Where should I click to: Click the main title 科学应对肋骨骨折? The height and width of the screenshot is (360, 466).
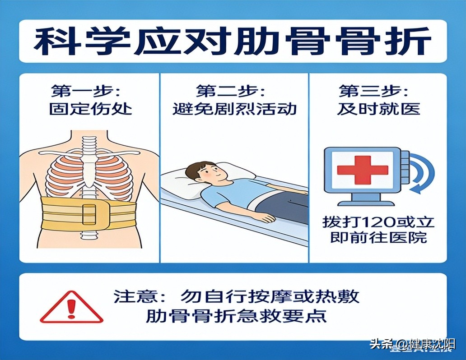233,42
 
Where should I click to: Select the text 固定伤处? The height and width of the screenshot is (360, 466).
90,109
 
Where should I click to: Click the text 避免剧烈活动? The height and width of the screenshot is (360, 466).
234,109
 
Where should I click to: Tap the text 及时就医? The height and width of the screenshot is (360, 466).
378,109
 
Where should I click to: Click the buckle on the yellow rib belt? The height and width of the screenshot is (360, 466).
89,214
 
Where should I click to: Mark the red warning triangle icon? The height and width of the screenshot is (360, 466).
72,307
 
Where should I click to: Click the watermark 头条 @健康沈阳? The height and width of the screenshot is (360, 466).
413,345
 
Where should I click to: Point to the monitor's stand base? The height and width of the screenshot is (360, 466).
366,203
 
